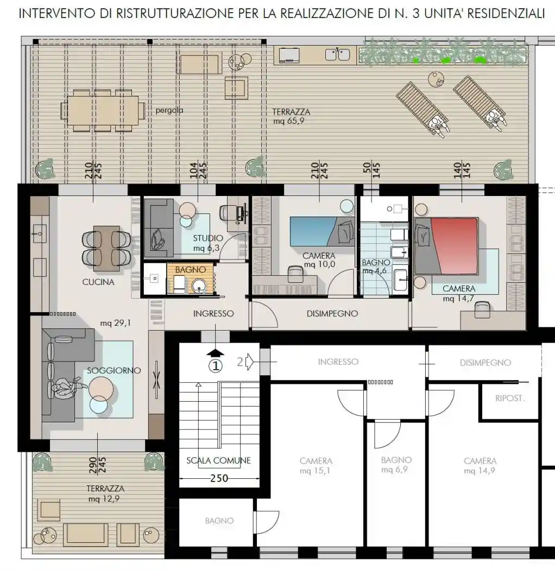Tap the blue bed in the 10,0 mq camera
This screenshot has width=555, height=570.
coord(322,232)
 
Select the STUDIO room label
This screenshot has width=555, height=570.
coord(207,238)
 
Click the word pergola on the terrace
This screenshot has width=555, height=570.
coord(169,110)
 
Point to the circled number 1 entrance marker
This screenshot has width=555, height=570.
coord(216,365)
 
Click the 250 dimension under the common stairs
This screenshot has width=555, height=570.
coord(219,478)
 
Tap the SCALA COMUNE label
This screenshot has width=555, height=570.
coord(219,460)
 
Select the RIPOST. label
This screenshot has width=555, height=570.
coord(510,398)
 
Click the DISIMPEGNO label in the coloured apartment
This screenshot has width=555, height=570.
coord(332,313)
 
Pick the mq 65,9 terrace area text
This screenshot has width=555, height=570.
coord(288,121)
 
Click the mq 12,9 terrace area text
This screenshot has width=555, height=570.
coord(104,499)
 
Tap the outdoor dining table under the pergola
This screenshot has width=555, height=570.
coord(103,110)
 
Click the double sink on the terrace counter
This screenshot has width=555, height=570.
coord(337,54)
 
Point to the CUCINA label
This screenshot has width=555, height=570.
coord(98,282)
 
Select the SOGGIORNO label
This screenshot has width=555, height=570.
coord(114,370)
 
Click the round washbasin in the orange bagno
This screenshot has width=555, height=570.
coord(199,286)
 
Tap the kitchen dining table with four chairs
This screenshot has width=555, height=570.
coord(106,248)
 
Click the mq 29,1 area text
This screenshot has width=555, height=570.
coord(115,323)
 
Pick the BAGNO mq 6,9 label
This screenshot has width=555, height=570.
coord(396,465)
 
